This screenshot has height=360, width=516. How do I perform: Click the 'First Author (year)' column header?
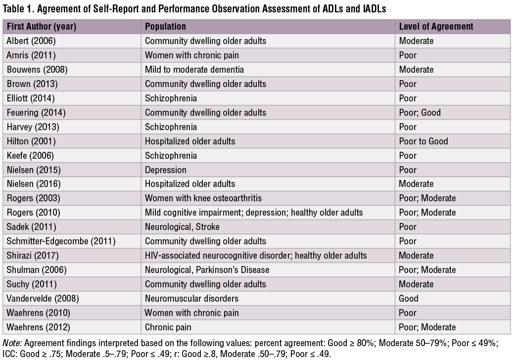pos(42,27)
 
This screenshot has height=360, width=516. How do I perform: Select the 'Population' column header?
pos(165,27)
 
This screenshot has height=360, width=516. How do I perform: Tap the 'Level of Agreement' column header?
pos(436,27)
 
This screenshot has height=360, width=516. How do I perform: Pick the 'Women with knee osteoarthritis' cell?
pos(203,198)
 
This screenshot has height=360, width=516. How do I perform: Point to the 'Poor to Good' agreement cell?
pos(423,141)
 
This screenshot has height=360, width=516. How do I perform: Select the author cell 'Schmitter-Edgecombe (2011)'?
pos(61,241)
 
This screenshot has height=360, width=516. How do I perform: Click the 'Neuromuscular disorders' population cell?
pos(191,299)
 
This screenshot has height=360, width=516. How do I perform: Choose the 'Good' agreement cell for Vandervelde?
pos(409,299)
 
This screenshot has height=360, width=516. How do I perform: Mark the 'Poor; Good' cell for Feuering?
pos(420,113)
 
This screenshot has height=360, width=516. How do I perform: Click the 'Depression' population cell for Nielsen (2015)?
pos(165,170)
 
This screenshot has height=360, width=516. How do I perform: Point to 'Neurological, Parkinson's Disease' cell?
pos(207,270)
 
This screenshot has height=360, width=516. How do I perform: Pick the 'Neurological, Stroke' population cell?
pos(182,227)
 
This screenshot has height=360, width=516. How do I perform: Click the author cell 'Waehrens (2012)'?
pos(38,327)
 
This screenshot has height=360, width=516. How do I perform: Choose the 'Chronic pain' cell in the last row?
pos(168,327)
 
